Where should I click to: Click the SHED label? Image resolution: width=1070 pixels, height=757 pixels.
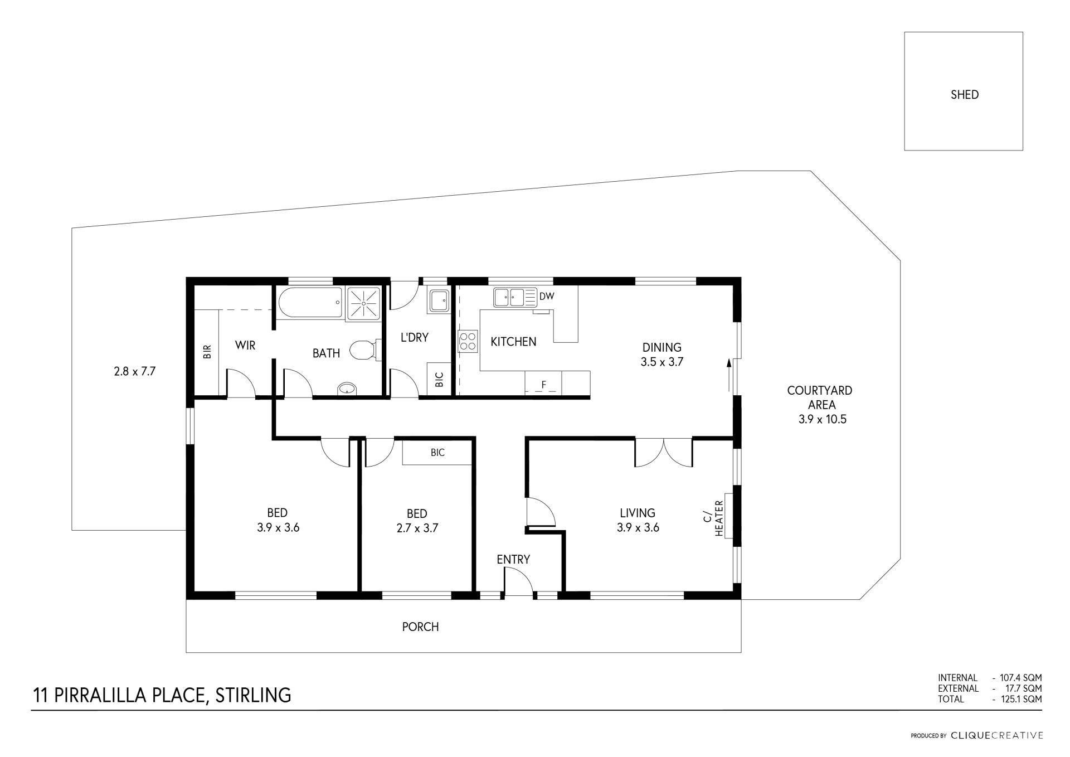coord(964,95)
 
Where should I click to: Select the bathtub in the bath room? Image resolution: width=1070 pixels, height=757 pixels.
coord(310,303)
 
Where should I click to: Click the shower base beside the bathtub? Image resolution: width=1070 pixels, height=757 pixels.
coord(364,303)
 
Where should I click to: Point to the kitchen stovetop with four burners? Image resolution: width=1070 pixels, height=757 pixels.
coord(468,341)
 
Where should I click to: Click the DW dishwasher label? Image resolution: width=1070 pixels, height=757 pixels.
coord(547,296)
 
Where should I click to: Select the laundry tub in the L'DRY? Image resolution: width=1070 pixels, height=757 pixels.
coord(439,300)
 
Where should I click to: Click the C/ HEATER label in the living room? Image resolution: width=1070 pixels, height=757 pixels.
coord(713,518)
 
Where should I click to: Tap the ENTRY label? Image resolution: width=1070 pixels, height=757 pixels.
coord(513,559)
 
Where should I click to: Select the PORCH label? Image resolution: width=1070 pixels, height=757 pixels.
coord(420,627)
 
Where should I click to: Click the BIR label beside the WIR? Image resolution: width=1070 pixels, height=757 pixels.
coord(207,351)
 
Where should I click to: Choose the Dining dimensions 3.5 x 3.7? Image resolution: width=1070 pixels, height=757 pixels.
coord(662,362)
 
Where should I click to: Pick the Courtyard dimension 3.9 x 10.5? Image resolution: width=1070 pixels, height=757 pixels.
coord(822,419)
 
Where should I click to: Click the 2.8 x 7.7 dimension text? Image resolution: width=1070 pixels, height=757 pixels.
coord(134,371)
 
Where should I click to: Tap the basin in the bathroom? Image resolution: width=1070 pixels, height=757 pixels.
coord(347,388)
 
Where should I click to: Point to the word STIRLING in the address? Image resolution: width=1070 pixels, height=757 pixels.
coord(253,695)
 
